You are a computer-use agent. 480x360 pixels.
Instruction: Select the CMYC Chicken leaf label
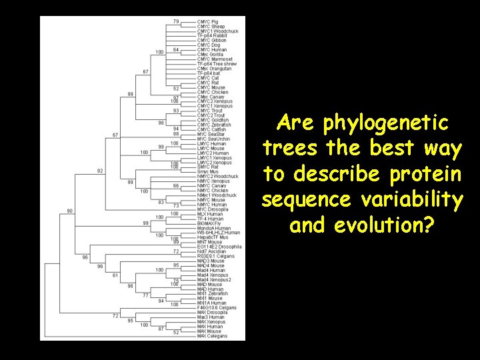[x=212, y=92]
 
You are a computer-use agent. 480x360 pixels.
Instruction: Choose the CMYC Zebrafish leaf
[x=214, y=125]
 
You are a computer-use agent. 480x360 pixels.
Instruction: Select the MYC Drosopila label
[x=213, y=209]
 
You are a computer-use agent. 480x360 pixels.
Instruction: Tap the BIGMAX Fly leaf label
[x=209, y=223]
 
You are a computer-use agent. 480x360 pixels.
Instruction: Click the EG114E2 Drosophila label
[x=219, y=246]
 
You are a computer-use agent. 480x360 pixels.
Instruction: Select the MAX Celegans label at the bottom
[x=213, y=335]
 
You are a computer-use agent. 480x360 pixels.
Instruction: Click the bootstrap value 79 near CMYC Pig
[x=175, y=22]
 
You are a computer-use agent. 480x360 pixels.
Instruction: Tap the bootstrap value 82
[x=99, y=171]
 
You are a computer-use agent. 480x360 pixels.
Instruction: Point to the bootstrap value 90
[x=70, y=211]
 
